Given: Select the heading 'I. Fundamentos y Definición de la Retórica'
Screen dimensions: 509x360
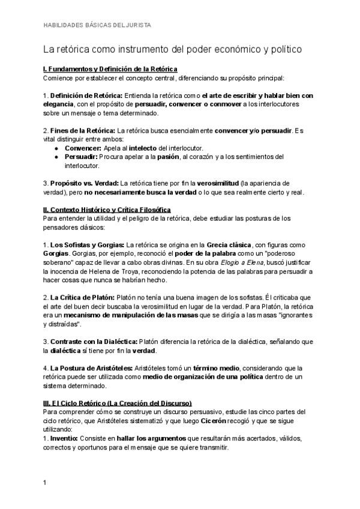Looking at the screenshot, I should point(110,70).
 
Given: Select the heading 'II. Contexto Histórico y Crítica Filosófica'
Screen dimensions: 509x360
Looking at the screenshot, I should point(107,209).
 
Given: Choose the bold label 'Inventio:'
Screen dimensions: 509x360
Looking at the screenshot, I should point(68,438).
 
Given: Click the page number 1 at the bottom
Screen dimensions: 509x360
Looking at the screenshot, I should point(45,482).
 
